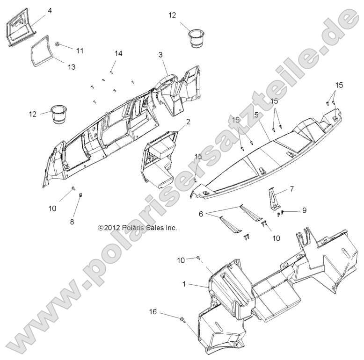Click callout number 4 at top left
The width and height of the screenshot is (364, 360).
coord(50,11)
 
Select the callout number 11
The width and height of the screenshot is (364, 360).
coord(80,50)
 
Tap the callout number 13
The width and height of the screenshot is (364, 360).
coord(72,67)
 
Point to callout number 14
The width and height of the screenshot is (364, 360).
coord(118,54)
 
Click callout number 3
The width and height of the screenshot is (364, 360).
coord(160,55)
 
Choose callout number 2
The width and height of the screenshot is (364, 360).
coord(188,122)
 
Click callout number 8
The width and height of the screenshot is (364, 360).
coord(72,222)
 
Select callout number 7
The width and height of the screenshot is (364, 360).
coord(291,189)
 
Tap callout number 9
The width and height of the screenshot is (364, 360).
coord(304,210)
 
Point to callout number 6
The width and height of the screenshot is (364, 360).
coord(201,214)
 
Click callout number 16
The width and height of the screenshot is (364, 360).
coord(153,311)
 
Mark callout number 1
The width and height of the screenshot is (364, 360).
coord(184,284)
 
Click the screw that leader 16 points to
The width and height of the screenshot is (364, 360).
coord(182,320)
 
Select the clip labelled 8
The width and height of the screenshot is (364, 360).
coord(81,194)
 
